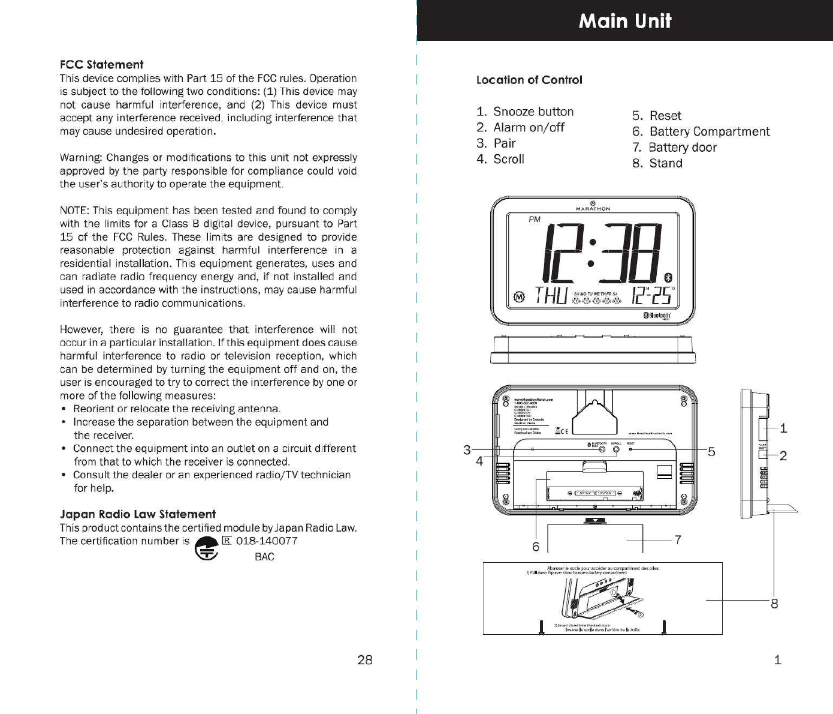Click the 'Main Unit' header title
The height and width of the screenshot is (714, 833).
(625, 21)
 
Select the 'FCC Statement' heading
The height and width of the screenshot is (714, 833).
(101, 64)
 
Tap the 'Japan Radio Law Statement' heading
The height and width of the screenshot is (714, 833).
(138, 514)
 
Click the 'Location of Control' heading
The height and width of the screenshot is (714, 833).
(529, 80)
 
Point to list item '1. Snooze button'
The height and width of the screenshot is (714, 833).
(525, 112)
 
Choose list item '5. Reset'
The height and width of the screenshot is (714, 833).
(657, 116)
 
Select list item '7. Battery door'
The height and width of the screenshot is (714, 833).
(674, 148)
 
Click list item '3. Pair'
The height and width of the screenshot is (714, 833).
(496, 143)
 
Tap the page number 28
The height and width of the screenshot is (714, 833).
(364, 660)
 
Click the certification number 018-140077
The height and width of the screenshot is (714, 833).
(267, 541)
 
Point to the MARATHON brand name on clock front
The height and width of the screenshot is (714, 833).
(593, 209)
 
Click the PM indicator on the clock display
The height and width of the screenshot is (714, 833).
(535, 220)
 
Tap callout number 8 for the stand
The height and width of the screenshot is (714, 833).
(774, 604)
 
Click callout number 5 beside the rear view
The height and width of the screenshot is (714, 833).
(711, 452)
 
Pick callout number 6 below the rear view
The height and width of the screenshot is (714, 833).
(536, 547)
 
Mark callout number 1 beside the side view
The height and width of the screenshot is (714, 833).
(783, 428)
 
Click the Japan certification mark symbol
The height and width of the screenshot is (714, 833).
(206, 548)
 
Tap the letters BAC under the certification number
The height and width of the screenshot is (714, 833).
(264, 557)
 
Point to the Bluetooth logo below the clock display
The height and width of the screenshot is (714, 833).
(657, 316)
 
